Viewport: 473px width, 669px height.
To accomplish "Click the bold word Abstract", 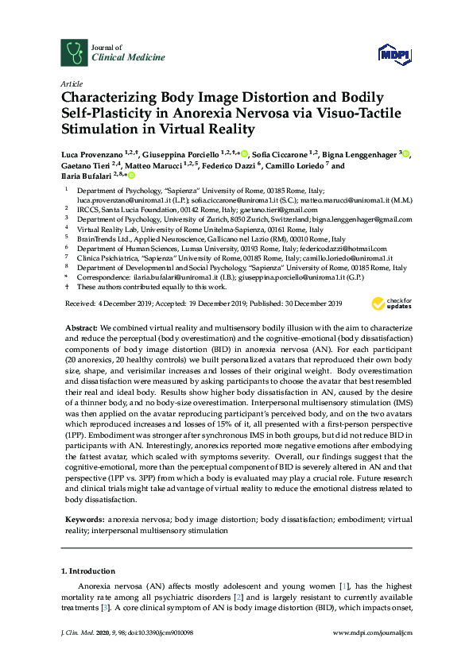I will [x=83, y=327].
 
